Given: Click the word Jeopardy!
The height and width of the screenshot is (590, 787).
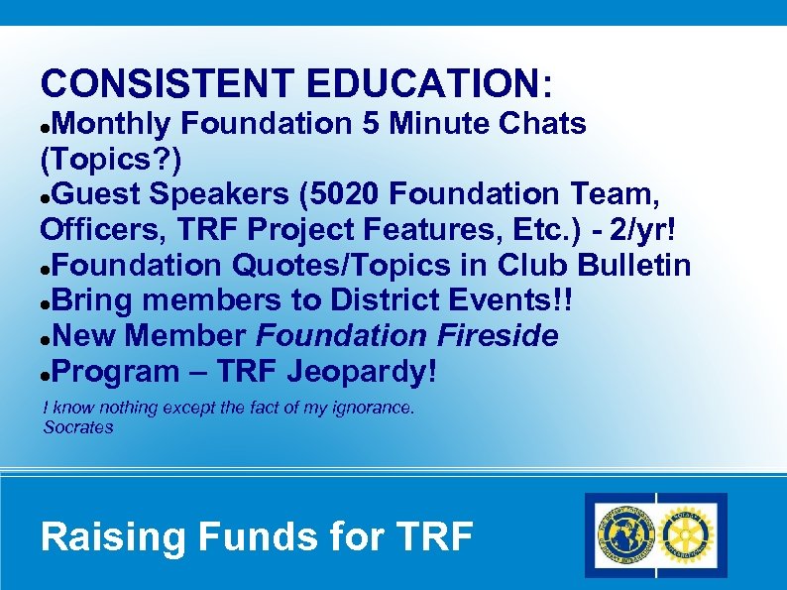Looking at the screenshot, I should pos(361,372).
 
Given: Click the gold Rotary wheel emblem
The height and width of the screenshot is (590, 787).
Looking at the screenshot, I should pos(687,534).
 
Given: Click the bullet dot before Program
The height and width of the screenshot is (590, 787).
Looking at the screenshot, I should pos(46,374).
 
